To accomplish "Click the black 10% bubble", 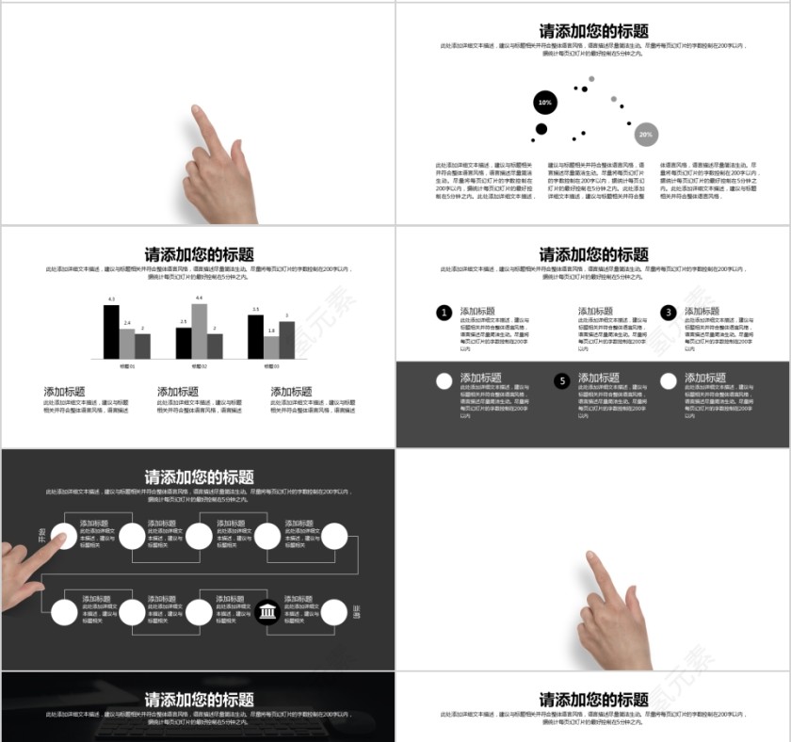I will coord(544,103).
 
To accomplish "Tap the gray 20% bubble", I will coord(645,135).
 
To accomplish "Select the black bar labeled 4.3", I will coord(111,331).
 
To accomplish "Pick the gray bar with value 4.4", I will coord(199,331).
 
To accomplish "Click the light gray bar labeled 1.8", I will coord(271,347).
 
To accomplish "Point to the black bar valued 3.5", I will coord(255,336).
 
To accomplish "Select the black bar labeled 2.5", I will coord(184,343).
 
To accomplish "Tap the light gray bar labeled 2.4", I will coord(127,344).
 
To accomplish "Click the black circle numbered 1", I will coord(444,313).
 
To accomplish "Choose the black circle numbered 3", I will coord(669,313).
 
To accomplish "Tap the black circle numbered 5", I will coord(562,381).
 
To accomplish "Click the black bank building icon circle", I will coord(267,613).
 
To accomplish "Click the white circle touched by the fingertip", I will coord(64,537).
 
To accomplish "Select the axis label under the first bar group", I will coord(127,365).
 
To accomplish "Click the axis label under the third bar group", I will coord(271,365).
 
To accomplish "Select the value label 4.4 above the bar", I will coord(199,298).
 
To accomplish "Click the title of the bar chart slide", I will coord(199,254).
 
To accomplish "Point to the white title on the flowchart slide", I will coord(199,477).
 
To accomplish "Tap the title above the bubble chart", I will coord(593,31).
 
